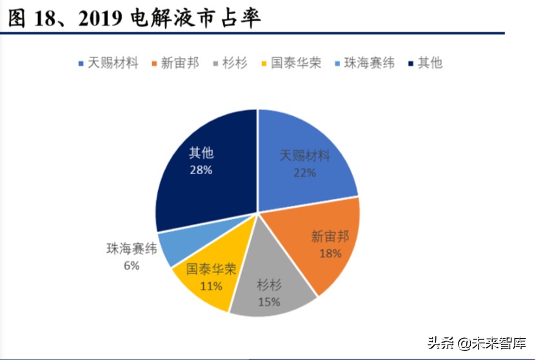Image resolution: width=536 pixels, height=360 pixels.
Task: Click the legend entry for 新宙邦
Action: pos(175,63)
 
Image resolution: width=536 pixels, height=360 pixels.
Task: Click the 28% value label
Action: pos(201,170)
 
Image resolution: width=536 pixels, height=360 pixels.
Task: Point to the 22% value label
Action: pos(304,172)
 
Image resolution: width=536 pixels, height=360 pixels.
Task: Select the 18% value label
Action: pos(330,253)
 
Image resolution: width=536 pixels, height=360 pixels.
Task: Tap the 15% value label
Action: pos(269,301)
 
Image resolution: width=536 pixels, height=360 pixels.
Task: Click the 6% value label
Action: pos(132,265)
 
